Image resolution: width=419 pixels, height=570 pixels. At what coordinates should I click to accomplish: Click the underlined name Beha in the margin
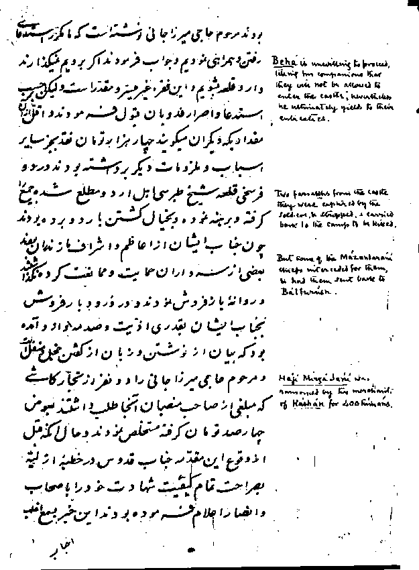tap(280, 60)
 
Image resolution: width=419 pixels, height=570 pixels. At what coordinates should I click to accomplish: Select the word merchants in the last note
tap(370, 392)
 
